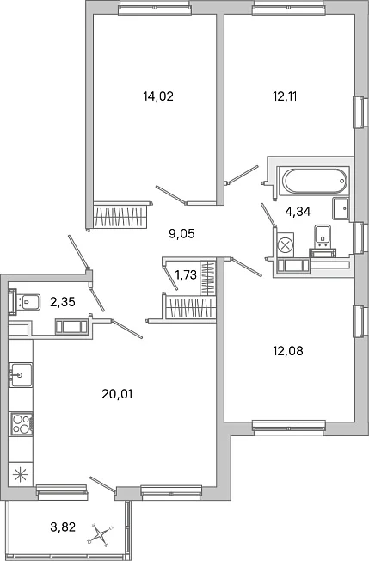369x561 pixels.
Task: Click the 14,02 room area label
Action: pyautogui.click(x=158, y=96)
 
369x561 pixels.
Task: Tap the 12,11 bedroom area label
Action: pyautogui.click(x=285, y=96)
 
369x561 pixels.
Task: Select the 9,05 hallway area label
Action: pyautogui.click(x=181, y=234)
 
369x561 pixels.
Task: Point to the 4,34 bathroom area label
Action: pyautogui.click(x=298, y=212)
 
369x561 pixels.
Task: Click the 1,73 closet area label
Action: pyautogui.click(x=186, y=274)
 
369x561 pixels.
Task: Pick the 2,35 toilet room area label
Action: pyautogui.click(x=63, y=302)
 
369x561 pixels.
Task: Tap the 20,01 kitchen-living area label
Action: pyautogui.click(x=117, y=394)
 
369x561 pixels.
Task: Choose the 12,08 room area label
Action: pyautogui.click(x=288, y=351)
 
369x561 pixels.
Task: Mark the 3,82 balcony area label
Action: pyautogui.click(x=63, y=527)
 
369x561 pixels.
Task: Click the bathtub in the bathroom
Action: pyautogui.click(x=315, y=181)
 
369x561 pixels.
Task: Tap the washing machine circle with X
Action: pyautogui.click(x=285, y=245)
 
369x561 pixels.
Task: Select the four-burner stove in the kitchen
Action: pyautogui.click(x=22, y=424)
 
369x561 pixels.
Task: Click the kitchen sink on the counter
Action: pyautogui.click(x=21, y=375)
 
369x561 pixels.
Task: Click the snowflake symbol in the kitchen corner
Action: pyautogui.click(x=20, y=475)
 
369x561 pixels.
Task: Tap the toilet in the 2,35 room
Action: pyautogui.click(x=24, y=302)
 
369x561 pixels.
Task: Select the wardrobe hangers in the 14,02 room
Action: pyautogui.click(x=120, y=217)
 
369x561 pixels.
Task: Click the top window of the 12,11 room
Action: pyautogui.click(x=289, y=8)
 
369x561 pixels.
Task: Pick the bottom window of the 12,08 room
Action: pyautogui.click(x=289, y=428)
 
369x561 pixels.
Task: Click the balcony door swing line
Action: pyautogui.click(x=102, y=484)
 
